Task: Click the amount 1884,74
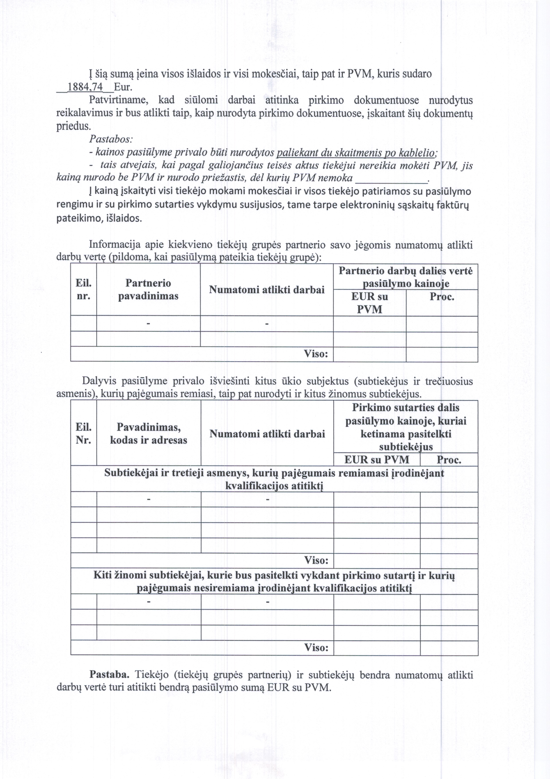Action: point(85,87)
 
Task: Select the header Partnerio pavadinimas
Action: point(148,289)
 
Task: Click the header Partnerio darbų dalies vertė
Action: point(406,277)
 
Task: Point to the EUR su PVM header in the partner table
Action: point(370,303)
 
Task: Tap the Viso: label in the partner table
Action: point(316,354)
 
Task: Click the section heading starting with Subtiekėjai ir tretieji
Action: point(274,479)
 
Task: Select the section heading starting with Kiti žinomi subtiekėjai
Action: point(274,582)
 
